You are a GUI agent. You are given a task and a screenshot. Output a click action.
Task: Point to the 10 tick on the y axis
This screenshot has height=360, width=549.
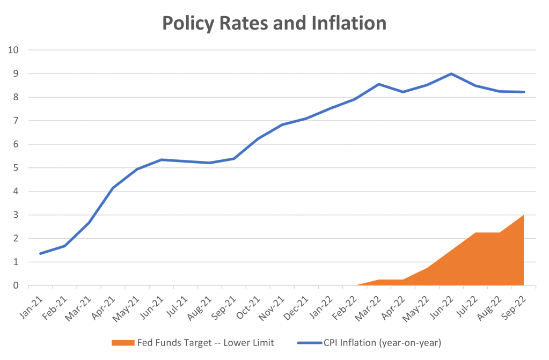point(13,50)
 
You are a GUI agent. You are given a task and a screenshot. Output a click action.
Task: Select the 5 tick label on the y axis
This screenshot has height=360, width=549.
point(16,168)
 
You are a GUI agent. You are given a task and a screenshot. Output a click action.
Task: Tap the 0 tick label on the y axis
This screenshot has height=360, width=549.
point(16,285)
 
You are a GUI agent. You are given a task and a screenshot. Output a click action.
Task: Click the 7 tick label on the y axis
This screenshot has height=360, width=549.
point(16,121)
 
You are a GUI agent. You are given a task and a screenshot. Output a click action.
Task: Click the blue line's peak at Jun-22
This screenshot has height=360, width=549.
point(451,74)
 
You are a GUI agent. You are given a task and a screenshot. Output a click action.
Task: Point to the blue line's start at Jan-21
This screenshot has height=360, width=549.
point(41,253)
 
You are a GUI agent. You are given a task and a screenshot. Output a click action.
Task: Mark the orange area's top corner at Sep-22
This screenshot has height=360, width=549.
point(524,215)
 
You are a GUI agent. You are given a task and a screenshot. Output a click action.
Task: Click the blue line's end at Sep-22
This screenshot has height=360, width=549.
point(524,92)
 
